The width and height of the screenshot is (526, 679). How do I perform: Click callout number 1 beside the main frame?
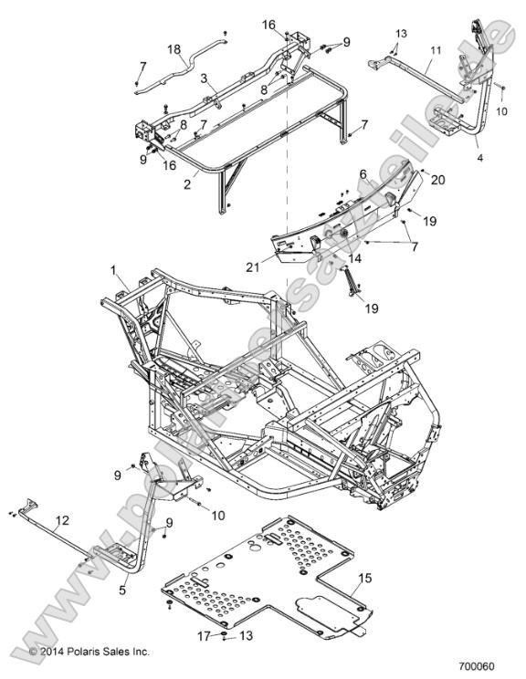point(114,271)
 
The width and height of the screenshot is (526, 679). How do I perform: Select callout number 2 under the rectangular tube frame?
point(187,183)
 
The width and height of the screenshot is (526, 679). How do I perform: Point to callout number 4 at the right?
point(480,157)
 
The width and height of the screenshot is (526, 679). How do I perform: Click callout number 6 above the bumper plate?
point(363,173)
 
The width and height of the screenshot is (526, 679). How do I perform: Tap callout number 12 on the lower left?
point(61,520)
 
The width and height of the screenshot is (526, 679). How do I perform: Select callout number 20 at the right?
point(412,181)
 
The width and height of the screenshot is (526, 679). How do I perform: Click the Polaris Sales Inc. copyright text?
point(89,652)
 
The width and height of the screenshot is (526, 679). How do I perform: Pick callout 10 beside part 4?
point(500,110)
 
